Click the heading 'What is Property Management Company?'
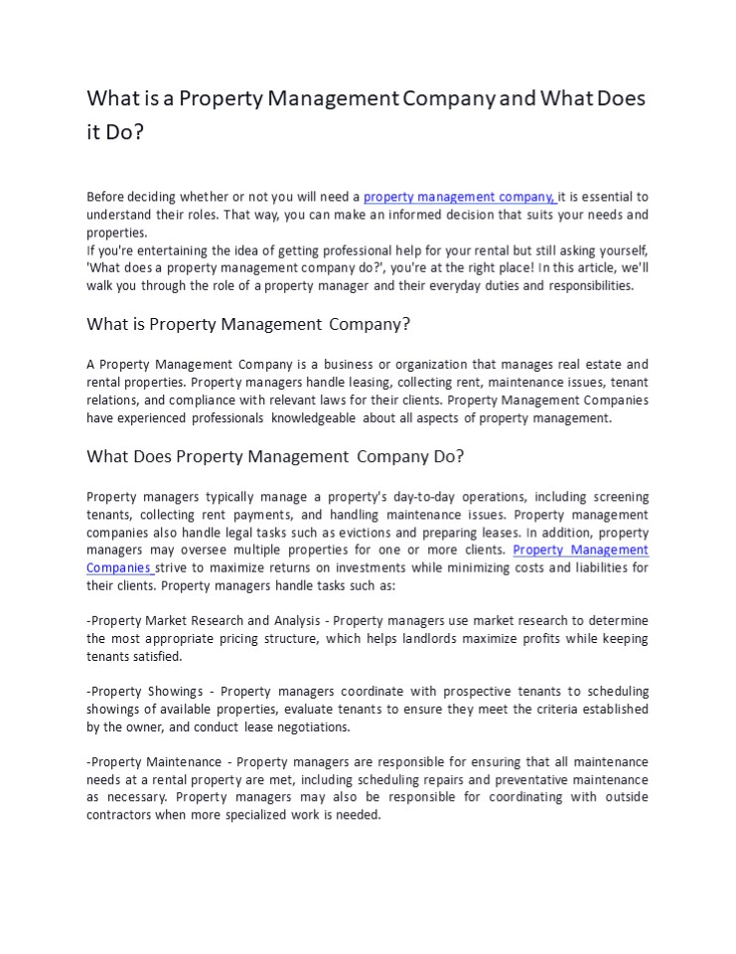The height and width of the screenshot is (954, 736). (248, 324)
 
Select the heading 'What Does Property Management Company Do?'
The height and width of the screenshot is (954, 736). (275, 456)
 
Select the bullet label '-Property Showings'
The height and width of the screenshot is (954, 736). (144, 691)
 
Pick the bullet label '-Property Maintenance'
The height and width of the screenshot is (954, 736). (154, 761)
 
